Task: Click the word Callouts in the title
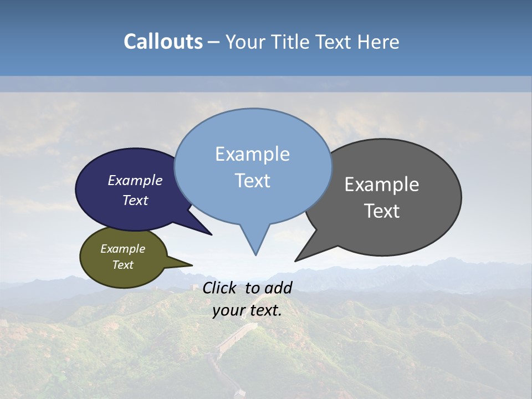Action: pyautogui.click(x=163, y=42)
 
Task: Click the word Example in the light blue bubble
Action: pyautogui.click(x=252, y=154)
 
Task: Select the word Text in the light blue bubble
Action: pyautogui.click(x=252, y=181)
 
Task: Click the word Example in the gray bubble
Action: pyautogui.click(x=382, y=185)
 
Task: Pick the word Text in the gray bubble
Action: pyautogui.click(x=382, y=211)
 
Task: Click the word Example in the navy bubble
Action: pyautogui.click(x=135, y=181)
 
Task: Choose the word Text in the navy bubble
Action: pyautogui.click(x=135, y=201)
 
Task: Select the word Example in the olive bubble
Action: pyautogui.click(x=122, y=249)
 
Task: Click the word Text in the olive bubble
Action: pyautogui.click(x=122, y=265)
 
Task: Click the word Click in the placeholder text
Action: pyautogui.click(x=221, y=288)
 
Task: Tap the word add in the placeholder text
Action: pyautogui.click(x=278, y=288)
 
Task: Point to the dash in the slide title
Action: pyautogui.click(x=214, y=42)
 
